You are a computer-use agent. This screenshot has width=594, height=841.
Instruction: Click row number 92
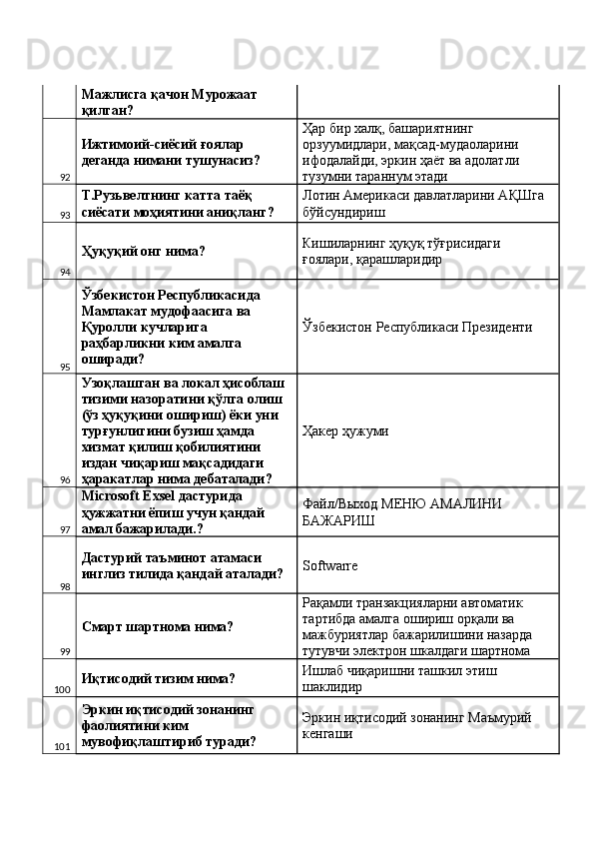click(64, 176)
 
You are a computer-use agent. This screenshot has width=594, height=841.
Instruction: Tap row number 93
click(64, 215)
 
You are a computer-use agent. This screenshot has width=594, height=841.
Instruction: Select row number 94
click(64, 272)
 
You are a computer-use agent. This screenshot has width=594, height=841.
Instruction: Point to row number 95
click(64, 367)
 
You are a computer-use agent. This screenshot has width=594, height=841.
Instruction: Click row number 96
click(64, 479)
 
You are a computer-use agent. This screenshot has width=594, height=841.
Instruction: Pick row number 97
click(64, 529)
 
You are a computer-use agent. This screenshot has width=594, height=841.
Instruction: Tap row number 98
click(64, 586)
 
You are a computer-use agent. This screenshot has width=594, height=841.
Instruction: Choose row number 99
click(64, 651)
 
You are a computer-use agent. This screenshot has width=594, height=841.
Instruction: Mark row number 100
click(62, 689)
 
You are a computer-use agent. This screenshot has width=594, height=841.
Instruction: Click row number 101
click(62, 746)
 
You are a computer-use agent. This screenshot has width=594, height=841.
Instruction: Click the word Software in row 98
click(329, 565)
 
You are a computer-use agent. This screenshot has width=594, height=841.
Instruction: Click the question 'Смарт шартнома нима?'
click(158, 627)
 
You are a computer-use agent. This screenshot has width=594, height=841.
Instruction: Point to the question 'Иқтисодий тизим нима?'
click(158, 679)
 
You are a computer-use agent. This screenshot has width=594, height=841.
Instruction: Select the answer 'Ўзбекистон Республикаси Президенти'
click(416, 327)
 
